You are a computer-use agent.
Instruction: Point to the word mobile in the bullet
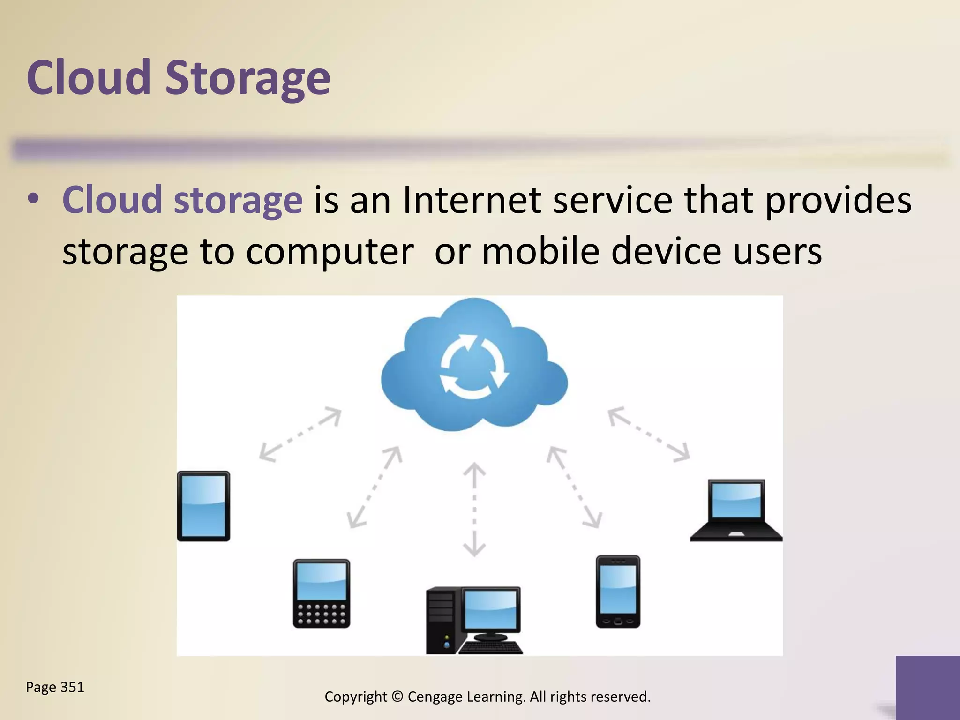click(540, 251)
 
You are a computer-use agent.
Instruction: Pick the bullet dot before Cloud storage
click(33, 200)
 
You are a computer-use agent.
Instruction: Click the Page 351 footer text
click(55, 687)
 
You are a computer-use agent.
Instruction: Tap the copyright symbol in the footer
click(397, 697)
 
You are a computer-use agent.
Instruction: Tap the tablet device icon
click(203, 506)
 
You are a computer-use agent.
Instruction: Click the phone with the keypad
click(322, 593)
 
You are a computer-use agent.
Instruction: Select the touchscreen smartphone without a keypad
click(618, 591)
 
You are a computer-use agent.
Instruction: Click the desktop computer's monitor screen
click(491, 609)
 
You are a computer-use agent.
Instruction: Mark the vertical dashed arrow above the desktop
click(474, 509)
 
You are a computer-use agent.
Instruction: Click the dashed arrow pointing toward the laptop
click(649, 435)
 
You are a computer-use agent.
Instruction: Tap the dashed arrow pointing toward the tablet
click(300, 435)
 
